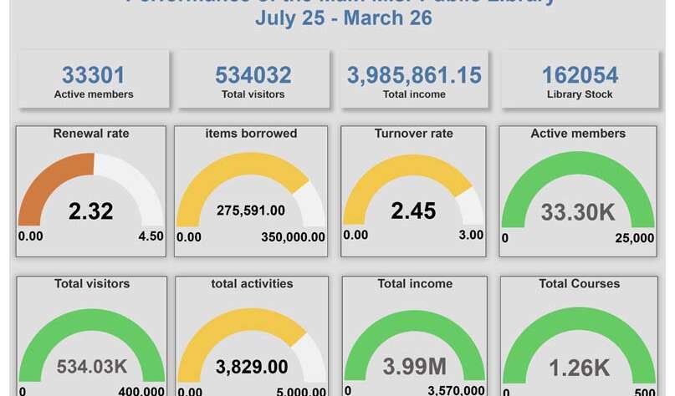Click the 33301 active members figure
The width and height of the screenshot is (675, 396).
94,75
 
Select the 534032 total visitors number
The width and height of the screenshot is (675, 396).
253,75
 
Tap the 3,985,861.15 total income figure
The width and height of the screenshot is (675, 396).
415,75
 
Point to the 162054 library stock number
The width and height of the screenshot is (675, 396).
580,75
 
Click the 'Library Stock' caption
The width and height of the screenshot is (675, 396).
580,94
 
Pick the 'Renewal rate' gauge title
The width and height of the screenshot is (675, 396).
91,133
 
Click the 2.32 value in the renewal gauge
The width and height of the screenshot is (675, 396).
91,211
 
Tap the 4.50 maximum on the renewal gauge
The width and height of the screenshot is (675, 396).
151,236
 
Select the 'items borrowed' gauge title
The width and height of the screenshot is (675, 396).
251,133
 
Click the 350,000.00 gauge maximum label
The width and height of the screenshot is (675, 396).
294,237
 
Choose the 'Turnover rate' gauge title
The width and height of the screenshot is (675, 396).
414,133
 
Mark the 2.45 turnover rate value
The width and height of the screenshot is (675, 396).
414,211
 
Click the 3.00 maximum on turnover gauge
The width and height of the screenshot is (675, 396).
471,235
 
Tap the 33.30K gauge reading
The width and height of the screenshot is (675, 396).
578,212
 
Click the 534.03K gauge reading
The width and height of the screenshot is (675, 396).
92,367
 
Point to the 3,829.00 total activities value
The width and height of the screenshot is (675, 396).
252,367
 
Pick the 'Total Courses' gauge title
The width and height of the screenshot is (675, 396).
579,283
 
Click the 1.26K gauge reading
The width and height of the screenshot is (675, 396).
578,367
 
